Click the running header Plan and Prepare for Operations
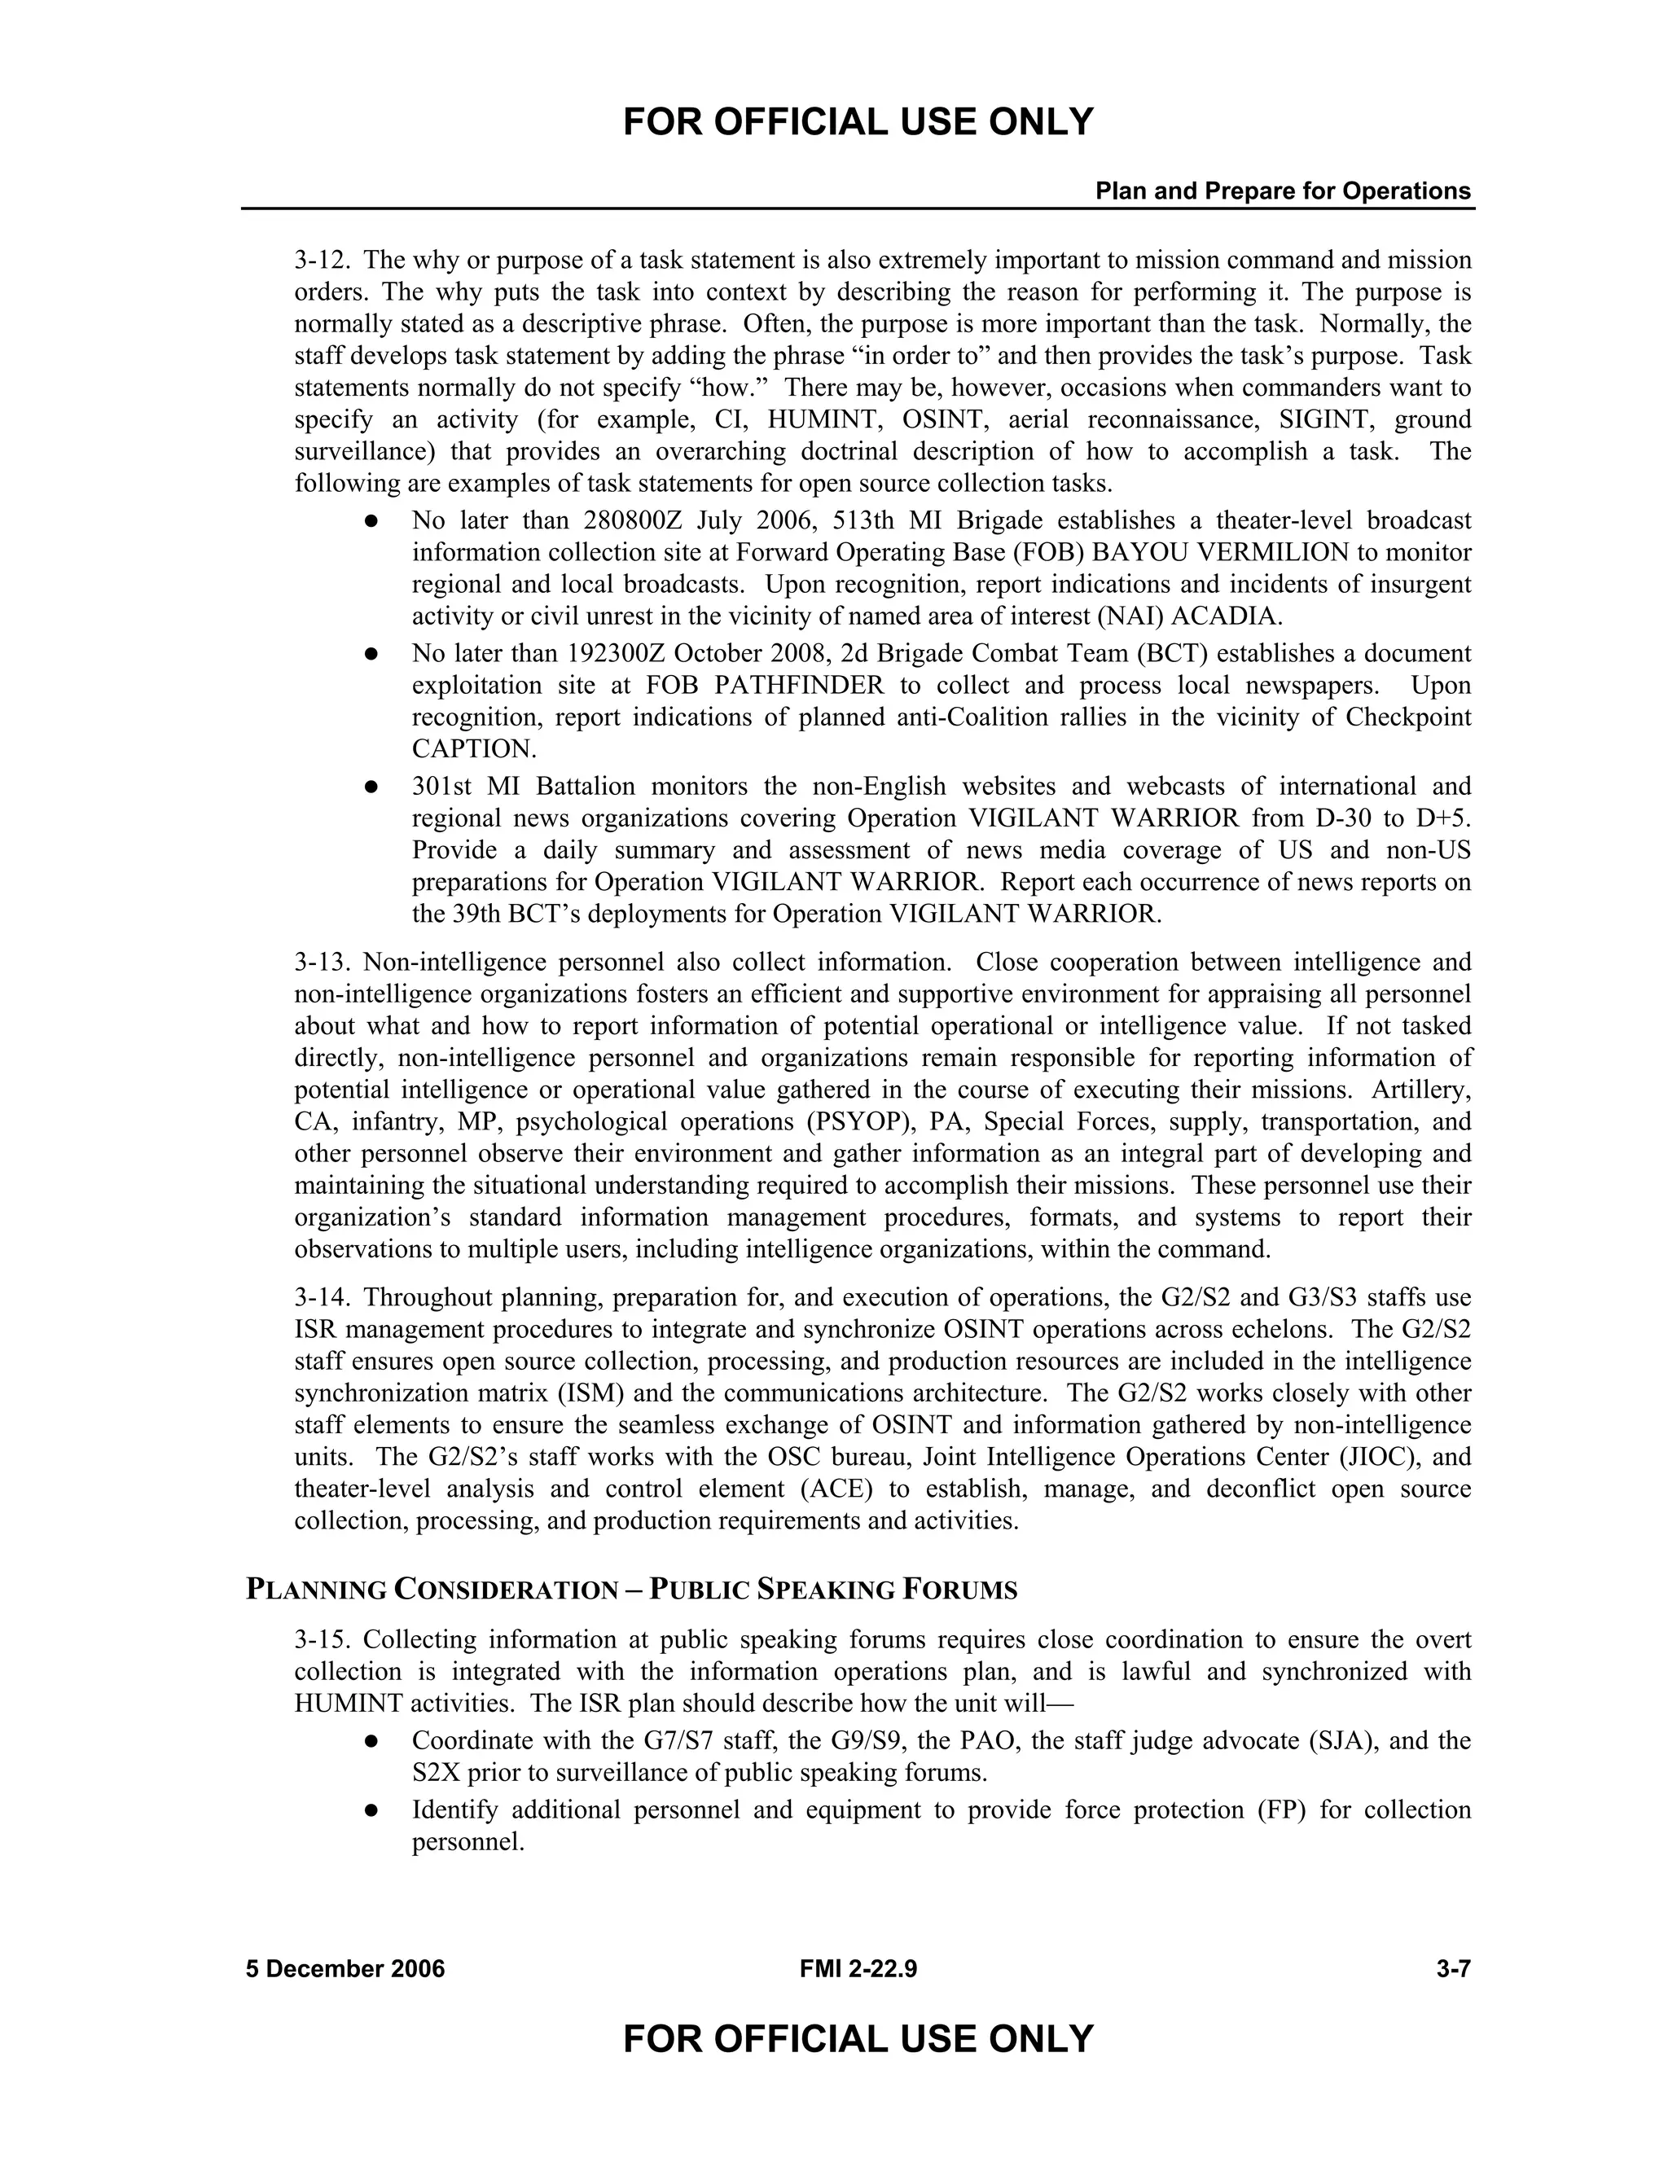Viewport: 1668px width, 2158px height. [1282, 191]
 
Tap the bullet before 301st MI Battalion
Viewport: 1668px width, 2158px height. [371, 787]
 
